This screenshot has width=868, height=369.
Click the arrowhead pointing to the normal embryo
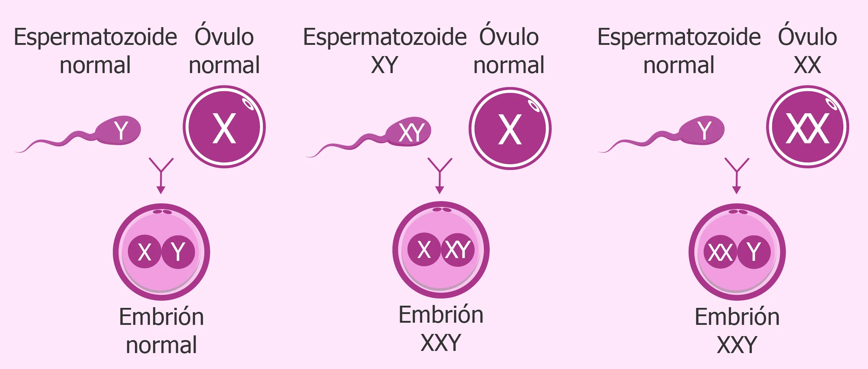pyautogui.click(x=161, y=190)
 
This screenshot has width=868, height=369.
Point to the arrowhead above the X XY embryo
pyautogui.click(x=440, y=190)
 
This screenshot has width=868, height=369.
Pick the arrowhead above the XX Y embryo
pyautogui.click(x=737, y=190)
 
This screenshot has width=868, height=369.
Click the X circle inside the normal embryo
pyautogui.click(x=145, y=251)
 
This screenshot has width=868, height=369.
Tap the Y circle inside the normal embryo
pyautogui.click(x=178, y=251)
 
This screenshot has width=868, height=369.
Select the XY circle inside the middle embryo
pyautogui.click(x=458, y=250)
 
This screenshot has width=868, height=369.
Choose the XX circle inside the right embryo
pyautogui.click(x=720, y=252)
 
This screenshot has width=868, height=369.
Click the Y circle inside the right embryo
pyautogui.click(x=754, y=252)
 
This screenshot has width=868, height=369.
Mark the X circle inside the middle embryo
pyautogui.click(x=424, y=250)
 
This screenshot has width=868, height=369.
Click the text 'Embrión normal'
pyautogui.click(x=161, y=331)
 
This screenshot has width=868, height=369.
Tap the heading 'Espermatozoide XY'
pyautogui.click(x=385, y=51)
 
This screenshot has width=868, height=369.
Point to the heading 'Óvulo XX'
pyautogui.click(x=807, y=51)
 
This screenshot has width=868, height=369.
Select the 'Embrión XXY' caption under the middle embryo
pyautogui.click(x=441, y=328)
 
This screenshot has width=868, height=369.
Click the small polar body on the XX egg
pyautogui.click(x=831, y=105)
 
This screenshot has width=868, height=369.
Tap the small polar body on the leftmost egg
pyautogui.click(x=248, y=104)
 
